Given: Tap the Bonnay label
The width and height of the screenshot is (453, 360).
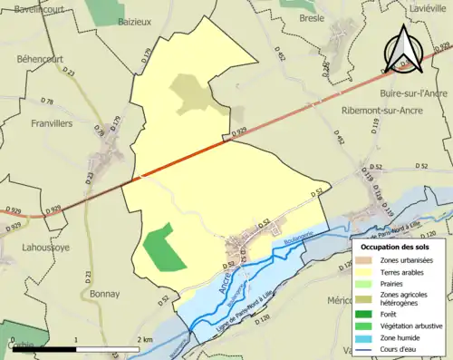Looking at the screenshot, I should point(105,294).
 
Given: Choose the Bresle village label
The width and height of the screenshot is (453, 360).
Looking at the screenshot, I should point(313,17).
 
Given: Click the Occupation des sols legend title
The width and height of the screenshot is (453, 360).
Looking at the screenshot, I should point(397,247).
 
